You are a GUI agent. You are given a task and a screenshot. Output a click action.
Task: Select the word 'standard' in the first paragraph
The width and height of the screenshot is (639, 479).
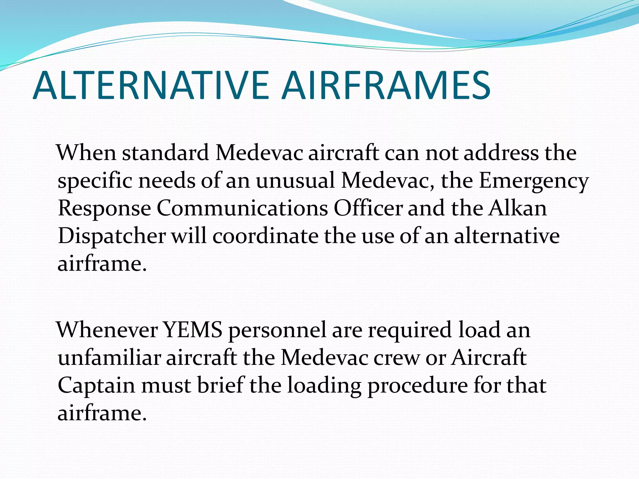pos(165,153)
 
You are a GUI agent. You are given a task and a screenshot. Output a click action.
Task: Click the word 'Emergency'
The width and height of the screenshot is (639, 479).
pos(534,181)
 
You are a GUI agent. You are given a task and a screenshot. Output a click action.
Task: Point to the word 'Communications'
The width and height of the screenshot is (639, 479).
pos(242,208)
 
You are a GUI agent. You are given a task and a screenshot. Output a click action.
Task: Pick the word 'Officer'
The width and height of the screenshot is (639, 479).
pos(368,208)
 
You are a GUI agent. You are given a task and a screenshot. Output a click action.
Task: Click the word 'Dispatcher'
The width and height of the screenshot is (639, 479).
pos(112,236)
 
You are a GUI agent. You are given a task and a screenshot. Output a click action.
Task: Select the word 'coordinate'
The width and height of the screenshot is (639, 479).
pos(265,236)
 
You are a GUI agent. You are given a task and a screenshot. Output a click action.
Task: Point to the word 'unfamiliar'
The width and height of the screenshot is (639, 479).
pos(109,357)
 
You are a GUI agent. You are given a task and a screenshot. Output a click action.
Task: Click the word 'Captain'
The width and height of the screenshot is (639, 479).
pos(96,385)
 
